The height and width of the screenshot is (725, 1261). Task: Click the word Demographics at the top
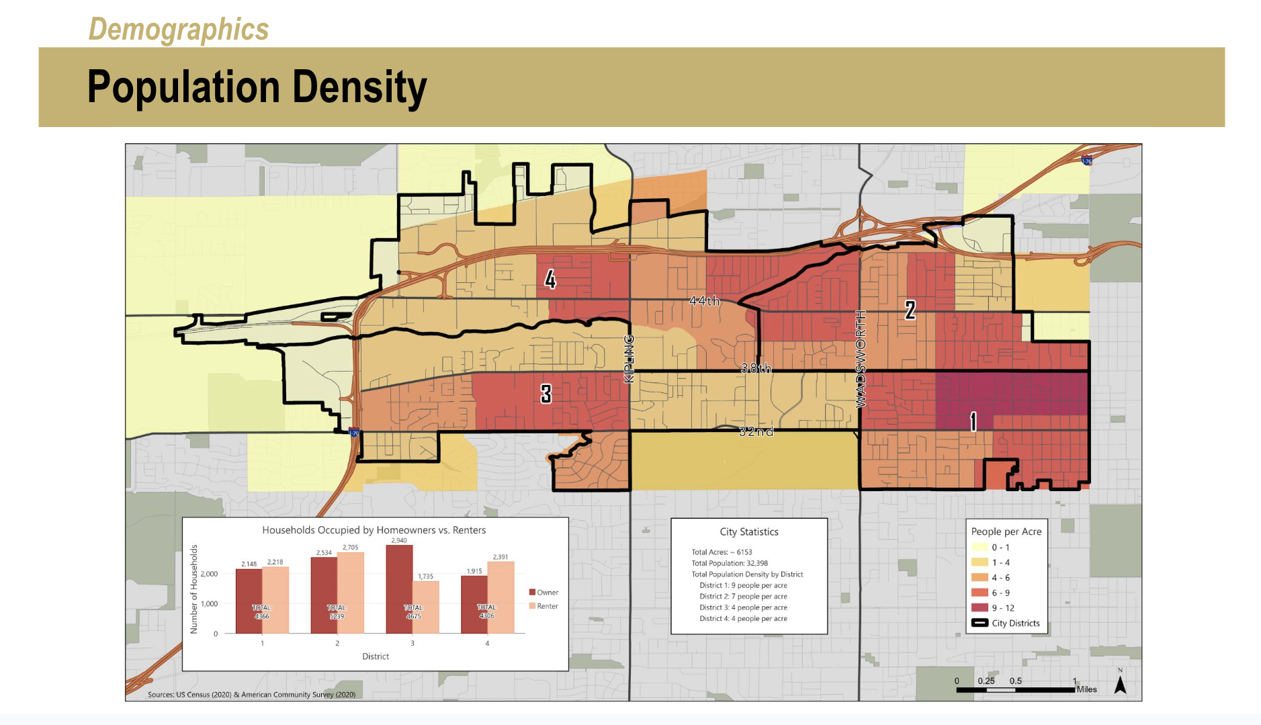(179, 30)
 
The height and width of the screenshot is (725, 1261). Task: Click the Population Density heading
(257, 87)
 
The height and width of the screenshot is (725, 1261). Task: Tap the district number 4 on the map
(550, 279)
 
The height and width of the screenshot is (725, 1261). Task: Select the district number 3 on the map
(546, 394)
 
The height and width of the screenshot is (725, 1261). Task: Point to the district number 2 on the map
(910, 310)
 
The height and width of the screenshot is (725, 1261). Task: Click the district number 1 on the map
(973, 421)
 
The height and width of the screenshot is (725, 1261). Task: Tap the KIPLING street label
(629, 359)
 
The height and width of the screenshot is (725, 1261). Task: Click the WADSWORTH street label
(861, 359)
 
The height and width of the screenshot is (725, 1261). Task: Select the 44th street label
(704, 300)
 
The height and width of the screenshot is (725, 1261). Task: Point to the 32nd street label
(756, 431)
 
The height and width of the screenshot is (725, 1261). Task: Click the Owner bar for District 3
(399, 589)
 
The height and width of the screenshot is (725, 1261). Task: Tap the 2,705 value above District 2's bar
(350, 548)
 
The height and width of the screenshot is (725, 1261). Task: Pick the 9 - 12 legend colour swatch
(980, 607)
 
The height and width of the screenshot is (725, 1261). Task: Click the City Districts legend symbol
(980, 623)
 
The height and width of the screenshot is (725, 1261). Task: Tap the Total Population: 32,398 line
(730, 563)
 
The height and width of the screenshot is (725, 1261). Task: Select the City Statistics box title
(749, 531)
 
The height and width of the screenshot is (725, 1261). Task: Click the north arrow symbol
(1120, 685)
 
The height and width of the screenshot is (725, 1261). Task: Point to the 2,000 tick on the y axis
(209, 574)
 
